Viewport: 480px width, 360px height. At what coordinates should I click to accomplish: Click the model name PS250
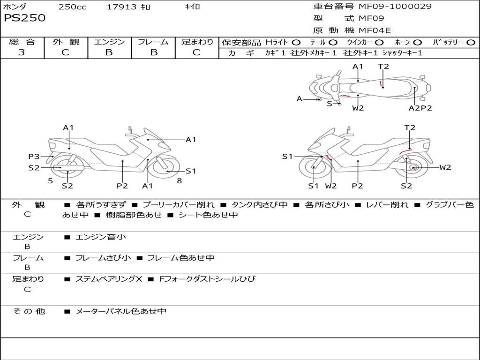[24, 18]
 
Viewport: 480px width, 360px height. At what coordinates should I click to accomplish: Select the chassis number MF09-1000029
[395, 6]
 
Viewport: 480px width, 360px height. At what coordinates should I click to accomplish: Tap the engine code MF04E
[375, 30]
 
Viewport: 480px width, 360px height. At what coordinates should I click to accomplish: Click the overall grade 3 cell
[22, 52]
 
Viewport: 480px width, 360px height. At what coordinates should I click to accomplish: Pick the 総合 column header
[22, 42]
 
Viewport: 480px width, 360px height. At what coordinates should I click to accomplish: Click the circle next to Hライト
[296, 43]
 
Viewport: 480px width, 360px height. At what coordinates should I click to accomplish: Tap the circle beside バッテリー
[471, 43]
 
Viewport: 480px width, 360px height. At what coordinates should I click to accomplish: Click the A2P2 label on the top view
[420, 108]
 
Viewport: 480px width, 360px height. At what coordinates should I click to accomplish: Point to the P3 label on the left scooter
[34, 157]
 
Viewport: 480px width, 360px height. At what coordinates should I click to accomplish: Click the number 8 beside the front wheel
[180, 181]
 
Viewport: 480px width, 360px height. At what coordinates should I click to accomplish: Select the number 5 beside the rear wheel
[51, 181]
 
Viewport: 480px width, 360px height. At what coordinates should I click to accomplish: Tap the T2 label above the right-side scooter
[410, 127]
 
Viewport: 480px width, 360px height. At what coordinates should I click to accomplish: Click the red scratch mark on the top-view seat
[381, 83]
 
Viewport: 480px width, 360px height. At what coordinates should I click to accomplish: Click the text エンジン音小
[101, 237]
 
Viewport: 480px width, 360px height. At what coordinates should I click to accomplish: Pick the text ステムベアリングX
[109, 279]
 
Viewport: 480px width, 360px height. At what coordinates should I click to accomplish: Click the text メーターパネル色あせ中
[121, 311]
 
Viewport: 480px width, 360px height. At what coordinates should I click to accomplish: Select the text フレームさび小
[103, 258]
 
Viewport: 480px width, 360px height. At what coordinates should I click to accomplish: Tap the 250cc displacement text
[73, 7]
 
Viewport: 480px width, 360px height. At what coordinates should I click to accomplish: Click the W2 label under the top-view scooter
[358, 108]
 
